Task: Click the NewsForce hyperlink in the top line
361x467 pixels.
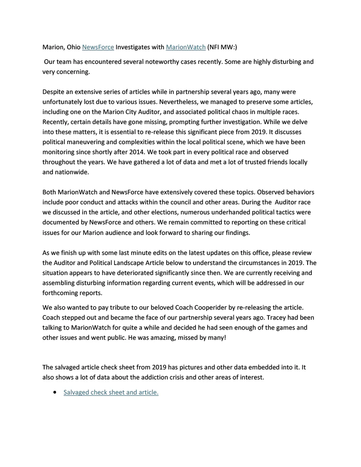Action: pos(98,47)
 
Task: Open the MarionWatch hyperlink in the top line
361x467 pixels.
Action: pos(186,47)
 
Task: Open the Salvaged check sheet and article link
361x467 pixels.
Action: pos(111,392)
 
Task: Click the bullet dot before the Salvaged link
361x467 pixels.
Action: pos(55,392)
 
